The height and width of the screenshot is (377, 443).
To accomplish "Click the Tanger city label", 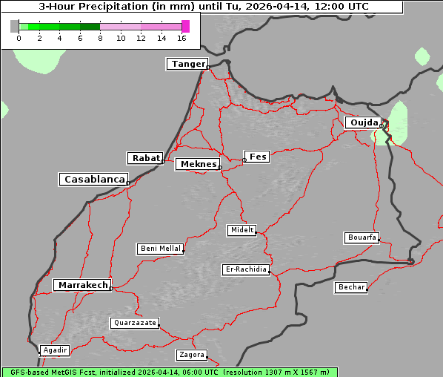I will tap(187, 64).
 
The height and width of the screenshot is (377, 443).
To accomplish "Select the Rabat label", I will tap(145, 158).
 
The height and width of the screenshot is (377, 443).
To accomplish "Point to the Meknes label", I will tap(198, 164).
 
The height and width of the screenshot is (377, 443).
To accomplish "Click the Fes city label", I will tap(258, 157).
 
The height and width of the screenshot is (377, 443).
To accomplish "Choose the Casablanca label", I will tap(94, 180).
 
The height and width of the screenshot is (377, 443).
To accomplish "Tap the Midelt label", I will tap(242, 230).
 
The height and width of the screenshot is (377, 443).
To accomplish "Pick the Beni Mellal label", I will tap(160, 249).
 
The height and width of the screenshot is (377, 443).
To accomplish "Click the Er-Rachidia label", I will tap(246, 269).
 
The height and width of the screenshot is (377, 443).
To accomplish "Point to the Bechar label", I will tap(351, 287).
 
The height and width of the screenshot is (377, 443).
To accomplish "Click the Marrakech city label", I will tap(82, 285).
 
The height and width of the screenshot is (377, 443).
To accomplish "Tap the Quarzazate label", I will tap(134, 323).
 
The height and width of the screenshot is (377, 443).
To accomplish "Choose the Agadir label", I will tap(55, 350).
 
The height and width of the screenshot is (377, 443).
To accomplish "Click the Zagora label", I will tap(191, 355).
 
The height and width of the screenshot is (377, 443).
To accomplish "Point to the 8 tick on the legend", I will tap(100, 39).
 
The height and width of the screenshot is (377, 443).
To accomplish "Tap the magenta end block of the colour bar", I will tap(185, 26).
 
